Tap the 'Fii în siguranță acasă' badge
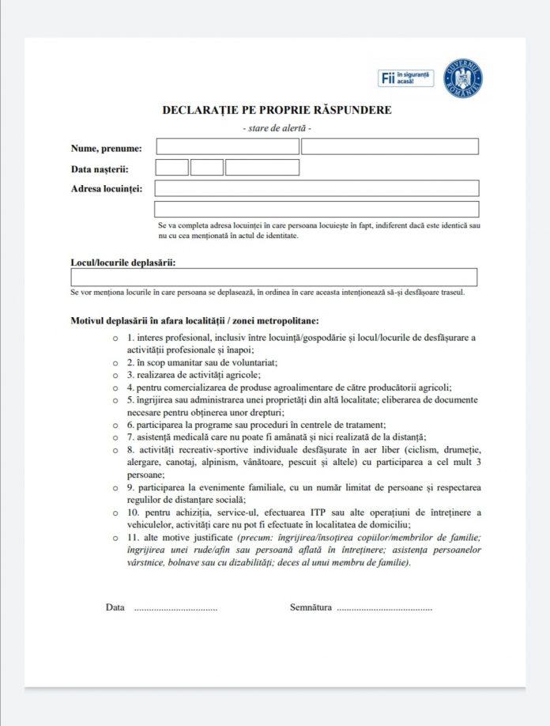[x=405, y=78]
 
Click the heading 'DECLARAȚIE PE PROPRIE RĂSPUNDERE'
[x=277, y=111]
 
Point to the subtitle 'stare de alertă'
[x=277, y=127]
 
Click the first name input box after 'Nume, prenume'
[x=228, y=146]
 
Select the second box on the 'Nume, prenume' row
[x=390, y=146]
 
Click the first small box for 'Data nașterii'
[x=171, y=168]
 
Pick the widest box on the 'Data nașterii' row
[x=262, y=168]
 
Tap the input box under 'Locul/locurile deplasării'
[x=273, y=277]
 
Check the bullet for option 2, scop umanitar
[x=117, y=362]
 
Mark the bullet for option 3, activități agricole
[x=117, y=374]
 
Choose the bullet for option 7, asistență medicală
[x=117, y=437]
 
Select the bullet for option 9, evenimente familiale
[x=117, y=488]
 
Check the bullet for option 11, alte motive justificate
[x=117, y=539]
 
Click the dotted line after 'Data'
[x=175, y=610]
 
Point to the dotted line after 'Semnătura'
[x=384, y=610]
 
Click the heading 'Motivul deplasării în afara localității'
[x=194, y=321]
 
